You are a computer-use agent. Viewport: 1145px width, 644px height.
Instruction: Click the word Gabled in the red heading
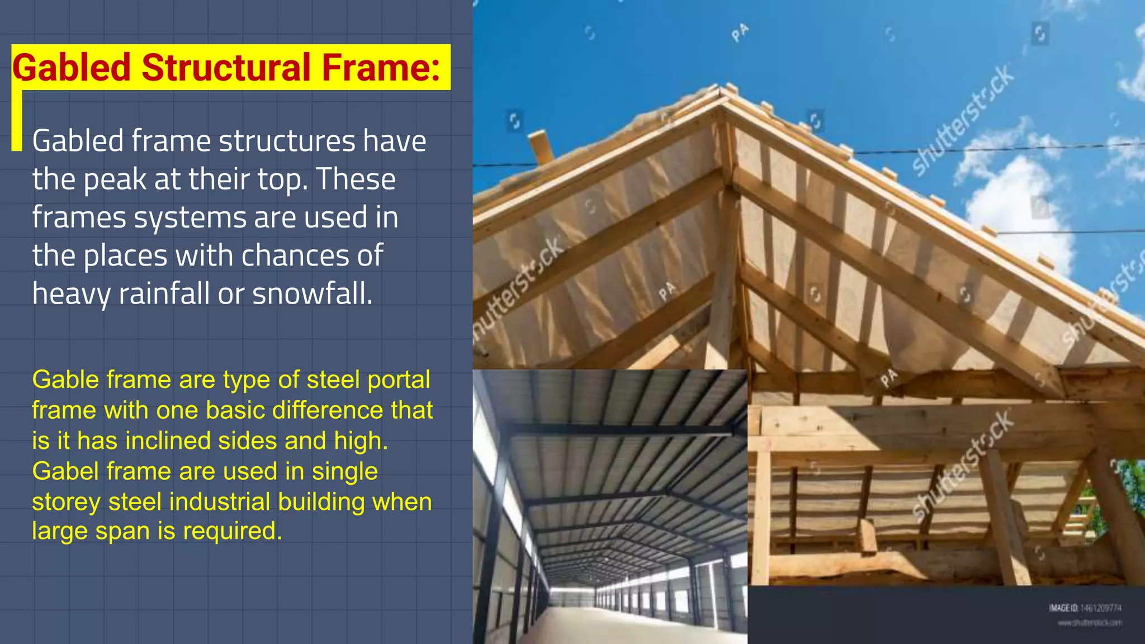coord(72,68)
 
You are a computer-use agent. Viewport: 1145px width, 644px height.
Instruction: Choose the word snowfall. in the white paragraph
coord(312,294)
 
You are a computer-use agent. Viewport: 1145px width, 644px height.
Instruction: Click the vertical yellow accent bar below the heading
coord(17,120)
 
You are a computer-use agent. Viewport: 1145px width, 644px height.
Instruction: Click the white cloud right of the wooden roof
coord(1018,201)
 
